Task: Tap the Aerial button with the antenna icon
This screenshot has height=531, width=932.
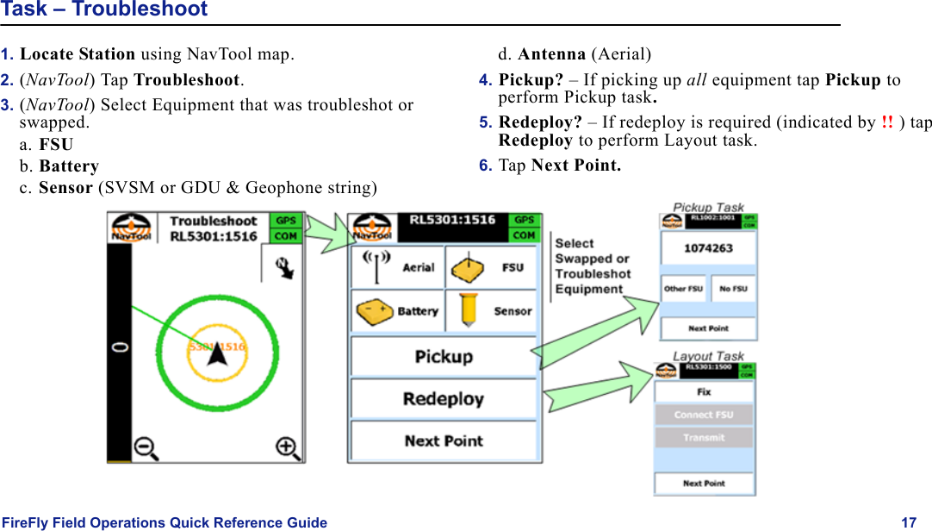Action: point(397,267)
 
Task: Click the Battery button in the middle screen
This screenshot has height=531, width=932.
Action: point(397,311)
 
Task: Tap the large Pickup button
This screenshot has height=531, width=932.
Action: point(444,357)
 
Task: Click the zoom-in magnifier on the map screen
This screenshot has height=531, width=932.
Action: point(287,447)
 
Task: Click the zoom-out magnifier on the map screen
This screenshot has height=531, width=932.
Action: point(146,447)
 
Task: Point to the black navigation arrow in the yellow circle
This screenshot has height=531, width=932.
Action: point(217,353)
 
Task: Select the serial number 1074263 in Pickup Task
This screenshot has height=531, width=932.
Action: point(708,248)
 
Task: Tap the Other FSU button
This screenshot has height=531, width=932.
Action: point(683,289)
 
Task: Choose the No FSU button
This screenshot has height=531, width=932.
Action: point(733,289)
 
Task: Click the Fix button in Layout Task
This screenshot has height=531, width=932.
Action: point(704,392)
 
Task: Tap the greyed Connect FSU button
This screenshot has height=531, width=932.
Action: point(704,415)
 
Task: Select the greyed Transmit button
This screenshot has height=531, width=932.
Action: point(704,438)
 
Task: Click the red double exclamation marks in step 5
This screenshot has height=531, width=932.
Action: point(887,122)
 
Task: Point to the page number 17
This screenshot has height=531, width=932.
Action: point(909,522)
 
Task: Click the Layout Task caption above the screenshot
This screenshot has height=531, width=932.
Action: point(708,356)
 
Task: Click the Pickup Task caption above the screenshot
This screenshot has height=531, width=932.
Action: point(708,208)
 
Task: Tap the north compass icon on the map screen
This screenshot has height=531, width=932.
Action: point(283,268)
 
